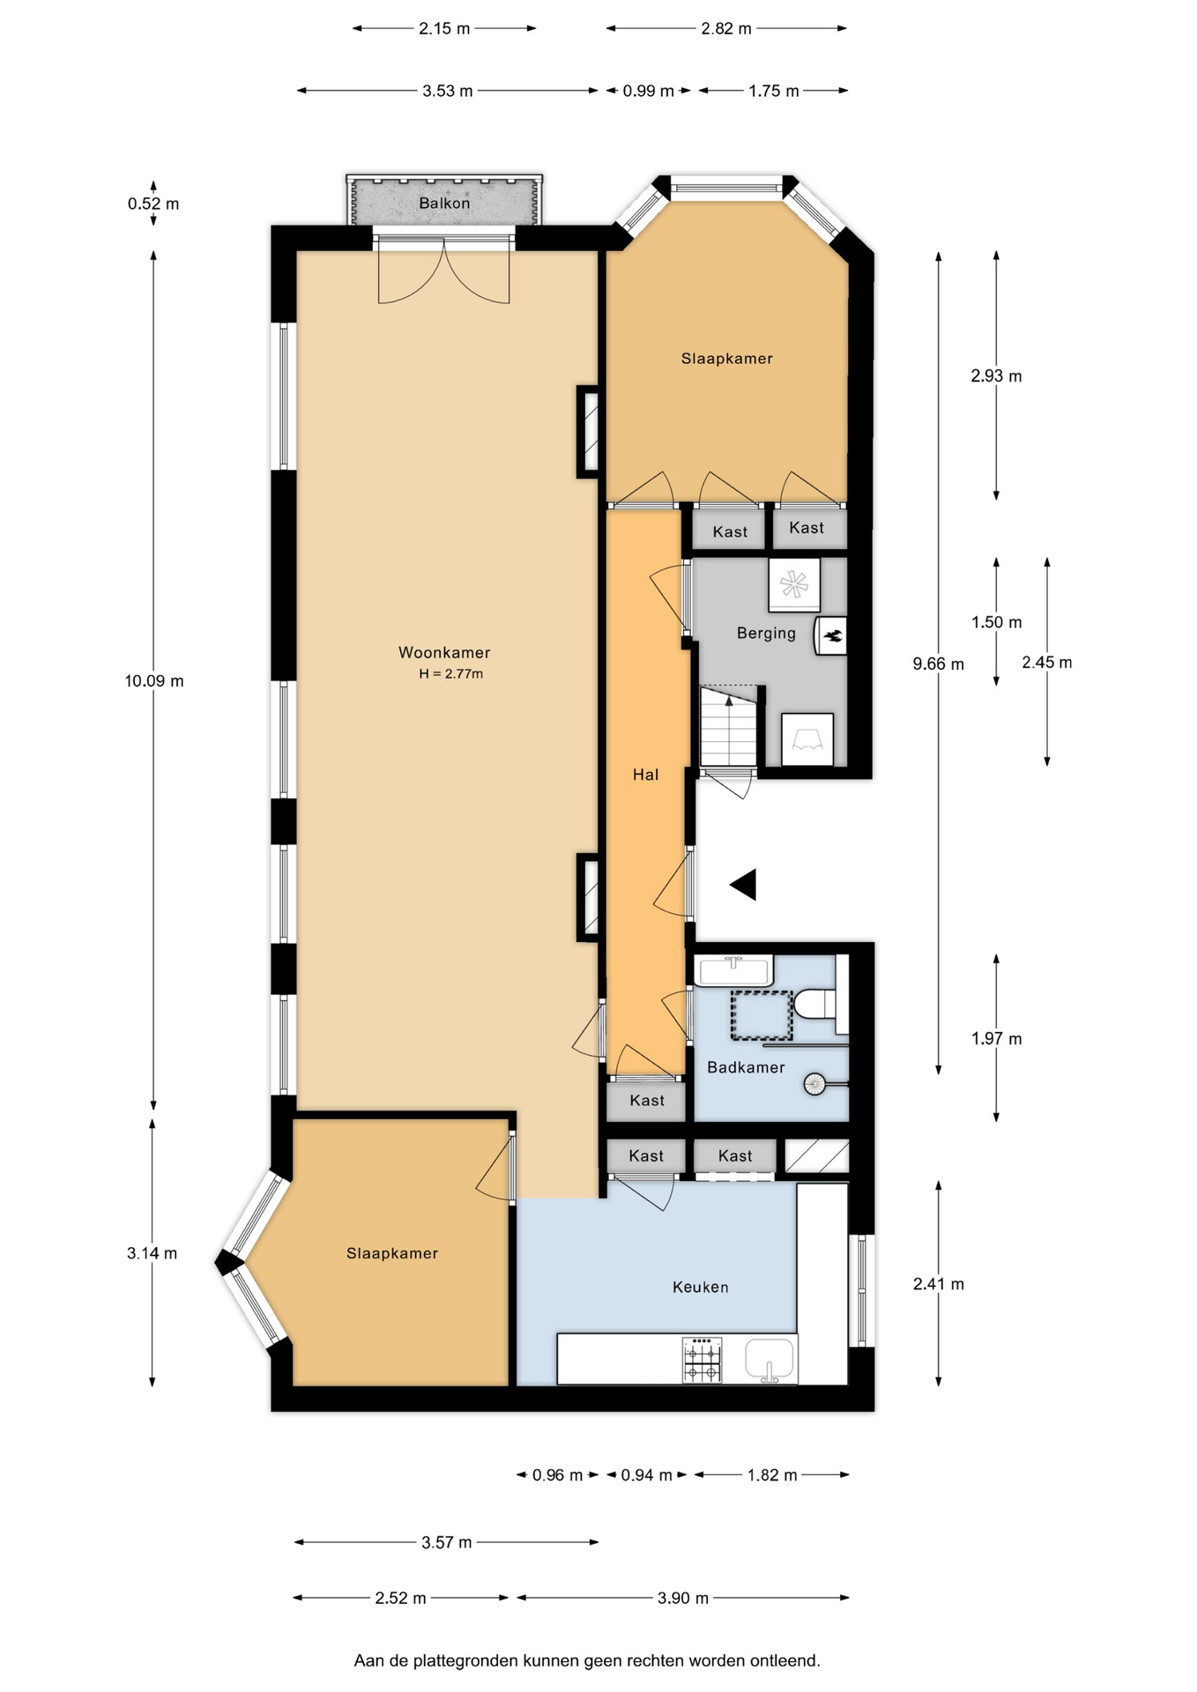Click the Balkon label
tap(444, 203)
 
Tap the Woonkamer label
tap(444, 653)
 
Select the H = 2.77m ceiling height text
tap(451, 674)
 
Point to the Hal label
tap(645, 775)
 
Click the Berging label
tap(766, 634)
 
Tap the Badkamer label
tap(746, 1067)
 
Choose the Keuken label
tap(701, 1288)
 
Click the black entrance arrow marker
tap(743, 885)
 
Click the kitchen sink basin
tap(770, 1360)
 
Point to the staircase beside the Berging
tap(729, 727)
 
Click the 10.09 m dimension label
tap(154, 680)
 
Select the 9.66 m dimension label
tap(939, 664)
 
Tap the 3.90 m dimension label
tap(683, 1598)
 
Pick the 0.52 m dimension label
tap(153, 204)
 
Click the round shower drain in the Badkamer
tap(815, 1084)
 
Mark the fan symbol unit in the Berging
tap(794, 584)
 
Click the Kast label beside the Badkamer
tap(647, 1100)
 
